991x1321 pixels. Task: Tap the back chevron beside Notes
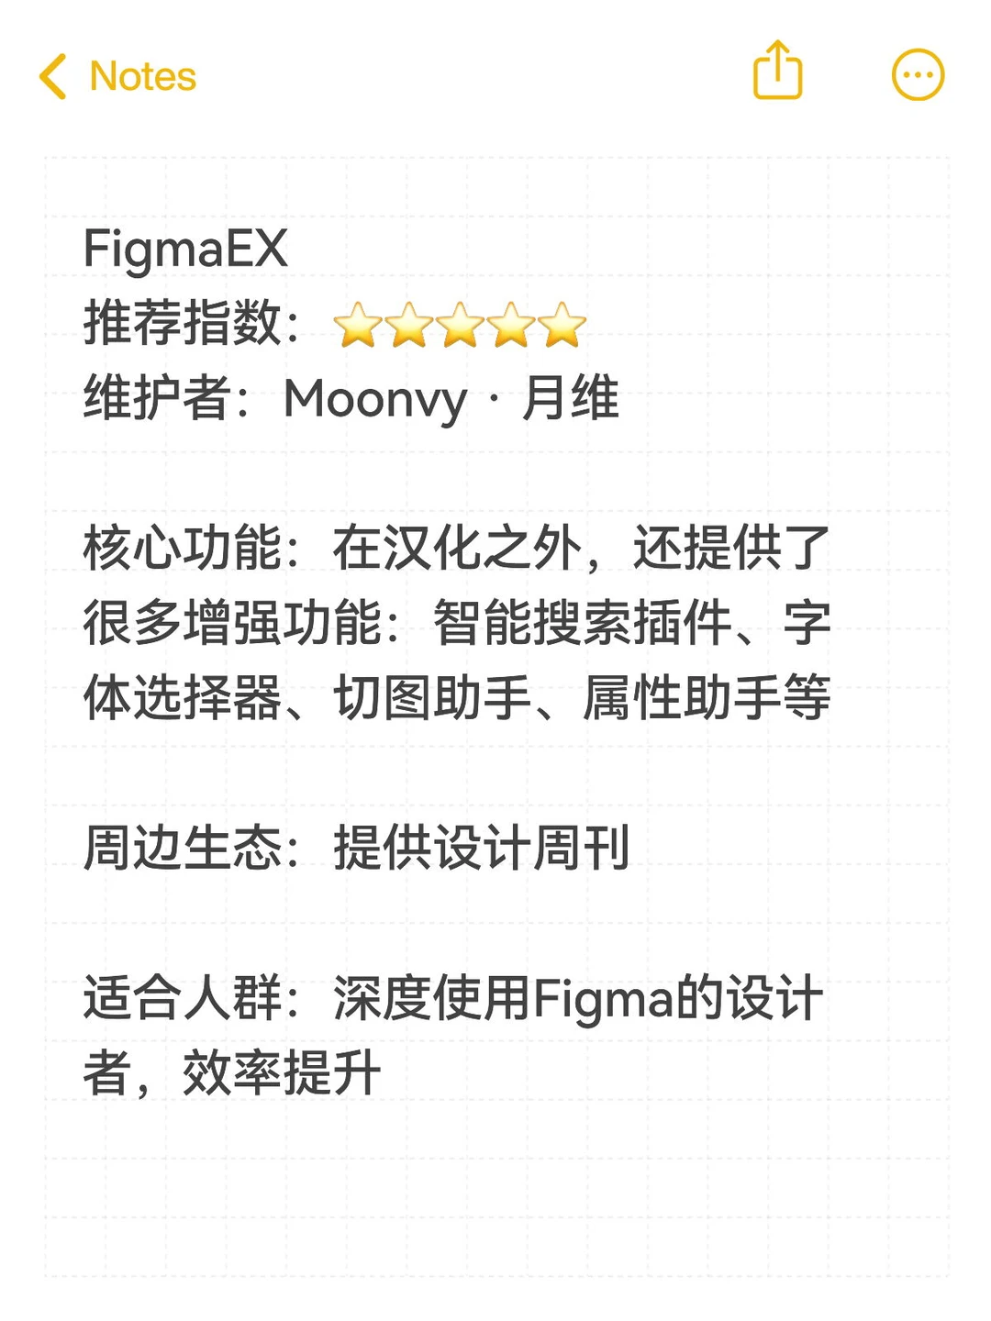tap(53, 76)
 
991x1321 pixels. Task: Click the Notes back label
tap(142, 76)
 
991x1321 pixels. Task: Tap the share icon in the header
tap(777, 71)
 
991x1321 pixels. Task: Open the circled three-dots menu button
tap(918, 74)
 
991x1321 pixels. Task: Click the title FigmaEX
tap(185, 249)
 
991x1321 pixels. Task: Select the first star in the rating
tap(357, 326)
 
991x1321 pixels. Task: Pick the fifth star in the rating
tap(562, 326)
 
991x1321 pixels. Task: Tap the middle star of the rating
tap(460, 326)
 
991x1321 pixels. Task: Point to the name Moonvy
tap(375, 400)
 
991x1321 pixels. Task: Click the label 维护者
tap(157, 399)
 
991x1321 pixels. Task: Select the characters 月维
tap(570, 399)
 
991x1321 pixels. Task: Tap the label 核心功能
tap(182, 549)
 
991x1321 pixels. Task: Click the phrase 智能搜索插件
tap(582, 624)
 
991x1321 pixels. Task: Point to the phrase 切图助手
tap(432, 698)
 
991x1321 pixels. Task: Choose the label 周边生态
tap(182, 848)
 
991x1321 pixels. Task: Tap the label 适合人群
tap(182, 998)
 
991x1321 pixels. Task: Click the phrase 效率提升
tap(281, 1073)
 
